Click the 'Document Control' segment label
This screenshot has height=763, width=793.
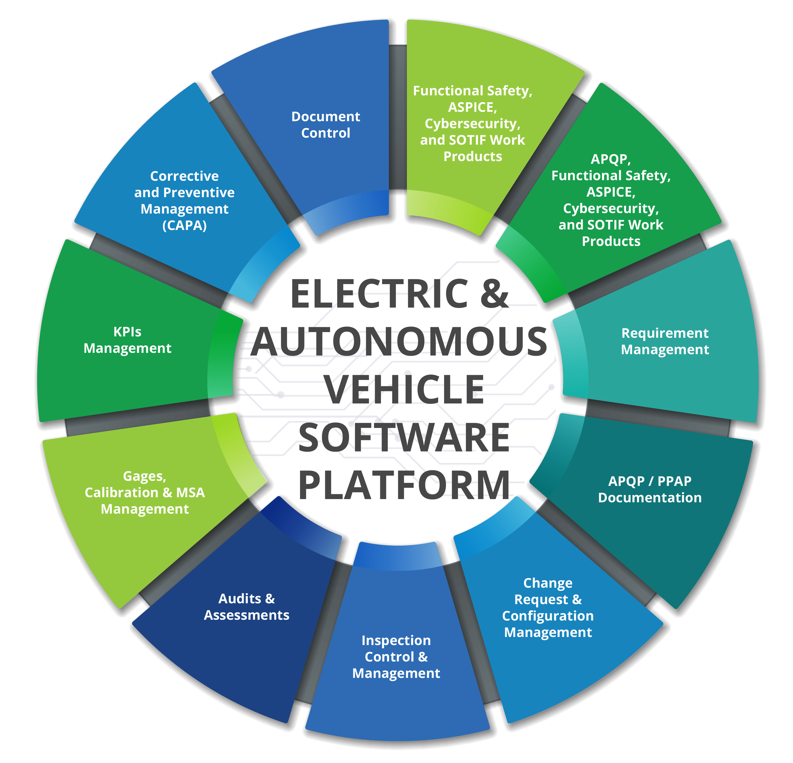click(x=326, y=125)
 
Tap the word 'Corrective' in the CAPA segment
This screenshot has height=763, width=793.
click(x=184, y=176)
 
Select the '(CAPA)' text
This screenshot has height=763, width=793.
click(x=184, y=225)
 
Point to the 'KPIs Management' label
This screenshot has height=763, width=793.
click(x=127, y=340)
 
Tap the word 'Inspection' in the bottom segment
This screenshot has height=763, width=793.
click(x=396, y=640)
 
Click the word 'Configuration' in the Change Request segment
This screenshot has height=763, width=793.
click(x=548, y=616)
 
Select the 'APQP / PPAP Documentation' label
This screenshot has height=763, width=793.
click(x=650, y=489)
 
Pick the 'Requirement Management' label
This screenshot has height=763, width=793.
click(x=665, y=341)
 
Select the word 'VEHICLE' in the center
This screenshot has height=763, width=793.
click(x=405, y=390)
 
